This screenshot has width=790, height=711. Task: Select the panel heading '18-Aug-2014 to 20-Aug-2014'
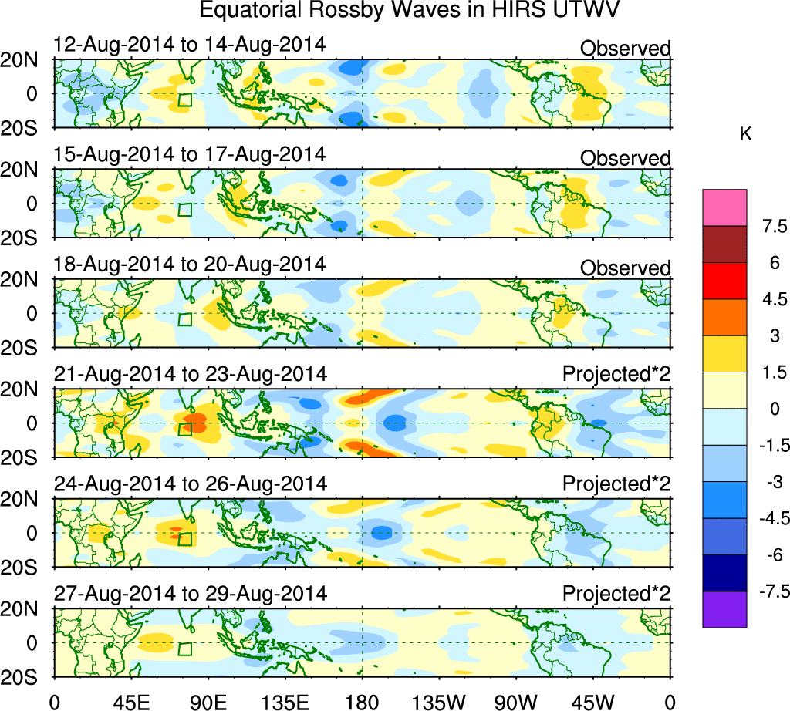(190, 264)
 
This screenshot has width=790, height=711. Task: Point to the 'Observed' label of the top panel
(626, 49)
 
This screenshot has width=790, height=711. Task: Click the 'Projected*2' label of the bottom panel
(616, 595)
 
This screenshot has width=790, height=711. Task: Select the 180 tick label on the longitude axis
(361, 699)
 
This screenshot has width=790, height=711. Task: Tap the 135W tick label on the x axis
(438, 699)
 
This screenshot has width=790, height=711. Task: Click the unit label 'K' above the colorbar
(745, 134)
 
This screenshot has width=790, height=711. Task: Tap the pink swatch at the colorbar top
(724, 207)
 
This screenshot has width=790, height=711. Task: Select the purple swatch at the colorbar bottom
(724, 609)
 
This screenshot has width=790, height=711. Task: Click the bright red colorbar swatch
(724, 280)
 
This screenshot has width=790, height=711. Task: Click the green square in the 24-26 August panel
(184, 539)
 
